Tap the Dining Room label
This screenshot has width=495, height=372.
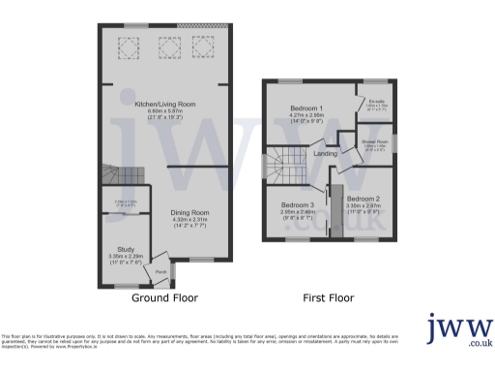tap(190, 211)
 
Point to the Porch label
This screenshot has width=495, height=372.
tap(160, 272)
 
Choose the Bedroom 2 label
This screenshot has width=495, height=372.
tap(363, 199)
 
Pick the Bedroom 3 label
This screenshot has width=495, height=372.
tap(298, 205)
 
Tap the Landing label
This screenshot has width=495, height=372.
tap(325, 152)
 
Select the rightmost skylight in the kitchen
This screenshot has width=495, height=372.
tap(201, 45)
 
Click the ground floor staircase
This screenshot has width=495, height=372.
tap(125, 177)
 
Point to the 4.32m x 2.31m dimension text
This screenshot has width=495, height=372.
tap(190, 220)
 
